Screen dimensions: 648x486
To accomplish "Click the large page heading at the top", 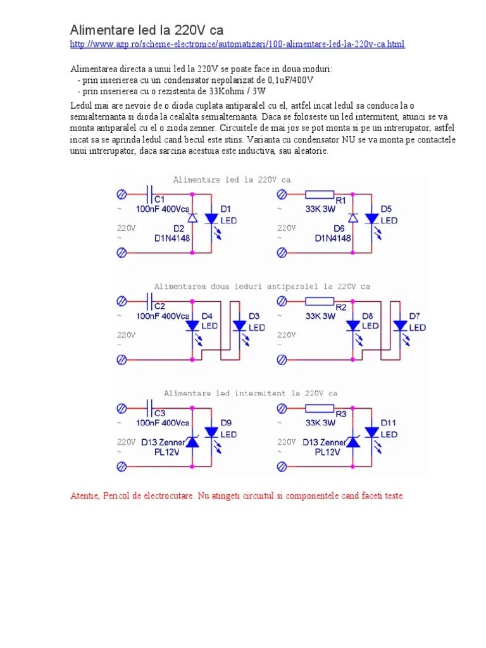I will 146,30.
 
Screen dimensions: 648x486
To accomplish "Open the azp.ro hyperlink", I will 237,44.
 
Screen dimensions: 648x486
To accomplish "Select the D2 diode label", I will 161,228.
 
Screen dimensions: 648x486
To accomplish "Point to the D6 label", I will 321,228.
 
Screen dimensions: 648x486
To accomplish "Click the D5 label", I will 386,209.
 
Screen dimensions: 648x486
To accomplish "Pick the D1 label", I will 225,209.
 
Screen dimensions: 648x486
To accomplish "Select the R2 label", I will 341,306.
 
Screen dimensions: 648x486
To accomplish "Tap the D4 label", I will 207,316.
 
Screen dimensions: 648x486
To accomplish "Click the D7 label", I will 415,316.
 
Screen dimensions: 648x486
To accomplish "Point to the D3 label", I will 254,316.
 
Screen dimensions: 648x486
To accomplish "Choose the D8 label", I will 368,316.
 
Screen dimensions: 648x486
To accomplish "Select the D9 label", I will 226,423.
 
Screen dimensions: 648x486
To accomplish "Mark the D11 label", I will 388,423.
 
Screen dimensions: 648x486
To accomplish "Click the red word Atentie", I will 83,495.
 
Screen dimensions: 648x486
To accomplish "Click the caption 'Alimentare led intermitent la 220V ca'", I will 251,394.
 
